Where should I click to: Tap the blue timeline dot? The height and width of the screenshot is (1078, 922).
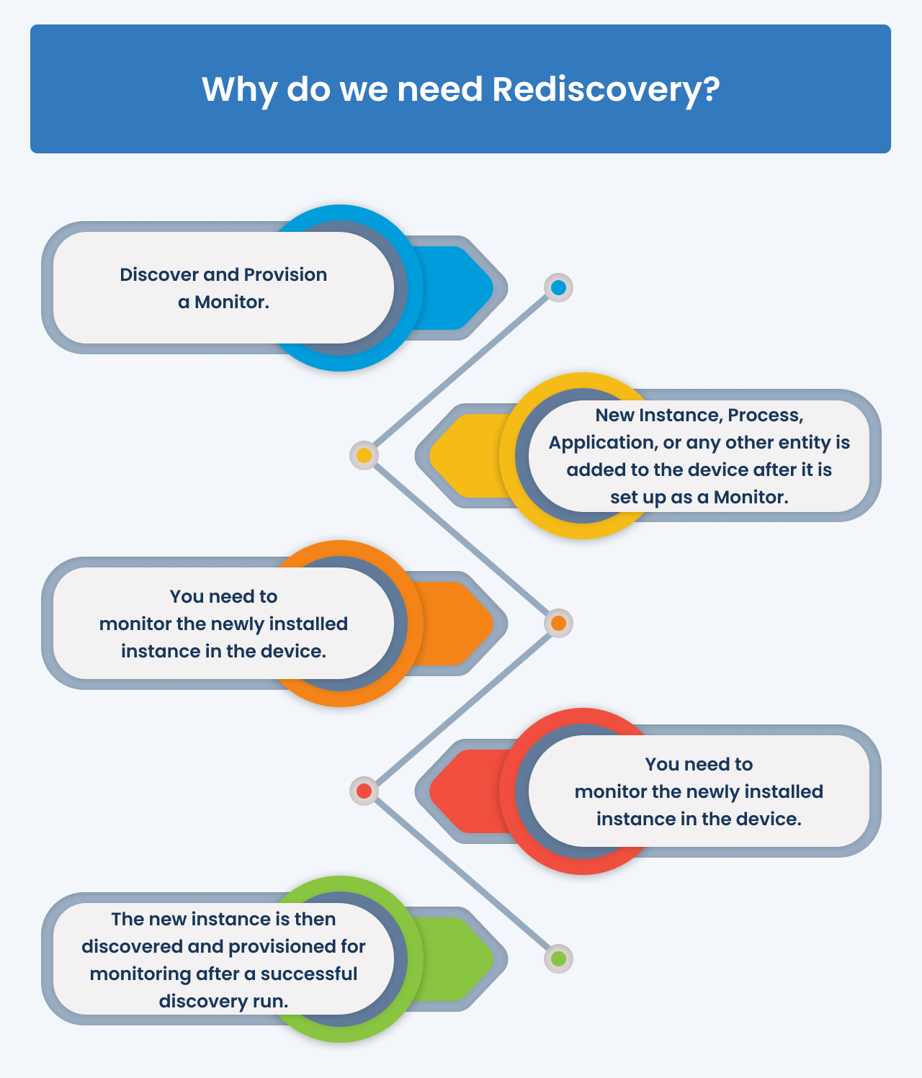tap(558, 287)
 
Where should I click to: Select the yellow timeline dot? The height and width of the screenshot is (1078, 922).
tap(364, 455)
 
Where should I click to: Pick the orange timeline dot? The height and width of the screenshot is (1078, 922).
tap(558, 623)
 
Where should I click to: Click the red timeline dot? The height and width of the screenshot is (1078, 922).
tap(364, 791)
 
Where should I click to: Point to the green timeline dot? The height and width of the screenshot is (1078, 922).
tap(558, 958)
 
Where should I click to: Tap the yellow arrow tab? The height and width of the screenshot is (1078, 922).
tap(467, 455)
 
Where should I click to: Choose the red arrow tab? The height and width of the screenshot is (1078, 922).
tap(467, 791)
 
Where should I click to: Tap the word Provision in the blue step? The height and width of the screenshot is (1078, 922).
tap(285, 274)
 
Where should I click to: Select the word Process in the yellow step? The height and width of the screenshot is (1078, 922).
tap(765, 415)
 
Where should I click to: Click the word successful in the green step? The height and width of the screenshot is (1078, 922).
tap(308, 974)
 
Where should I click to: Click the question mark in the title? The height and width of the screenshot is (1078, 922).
tap(710, 89)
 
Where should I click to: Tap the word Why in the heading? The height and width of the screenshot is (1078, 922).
tap(239, 91)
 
